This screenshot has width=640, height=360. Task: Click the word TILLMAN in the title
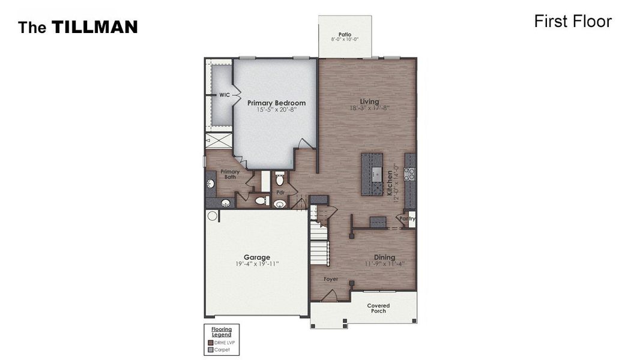pos(94,27)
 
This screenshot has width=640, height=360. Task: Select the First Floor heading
pos(572,22)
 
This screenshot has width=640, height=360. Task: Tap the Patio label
pos(345,35)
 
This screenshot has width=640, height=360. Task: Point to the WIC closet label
pos(224,95)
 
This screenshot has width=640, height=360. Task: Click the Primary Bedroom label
pos(276,103)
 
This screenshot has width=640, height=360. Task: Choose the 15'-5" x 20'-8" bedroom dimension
pos(276,110)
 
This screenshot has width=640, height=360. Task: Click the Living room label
pos(369,101)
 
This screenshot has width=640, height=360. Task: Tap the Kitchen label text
pos(389,183)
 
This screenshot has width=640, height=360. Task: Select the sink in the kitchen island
pos(375,174)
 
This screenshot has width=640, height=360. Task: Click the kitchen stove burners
pos(409,174)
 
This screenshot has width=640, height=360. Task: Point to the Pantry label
pos(408,219)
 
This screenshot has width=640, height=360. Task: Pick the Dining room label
pos(384,257)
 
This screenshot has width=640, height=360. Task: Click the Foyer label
pos(331,280)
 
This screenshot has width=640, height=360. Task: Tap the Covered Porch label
pos(378,308)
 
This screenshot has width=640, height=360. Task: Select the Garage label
pos(256,257)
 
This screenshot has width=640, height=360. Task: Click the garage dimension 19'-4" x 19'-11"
pos(256,264)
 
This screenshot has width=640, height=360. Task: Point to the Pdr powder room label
pos(280,193)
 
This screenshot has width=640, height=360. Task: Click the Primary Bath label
pos(229,174)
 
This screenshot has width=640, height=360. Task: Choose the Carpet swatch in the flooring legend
pos(210,350)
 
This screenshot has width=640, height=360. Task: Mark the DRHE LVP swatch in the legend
pos(210,343)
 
